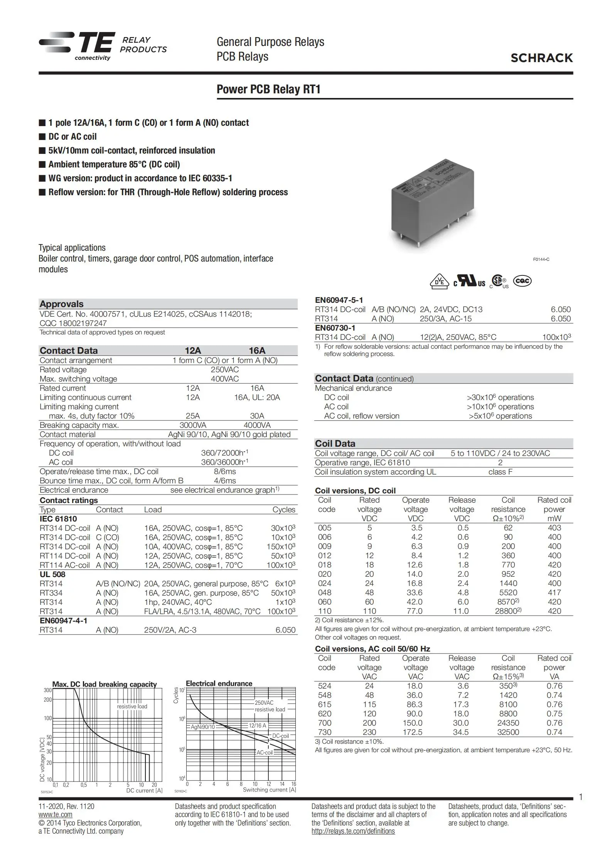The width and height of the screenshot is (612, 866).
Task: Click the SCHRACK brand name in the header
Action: tap(541, 58)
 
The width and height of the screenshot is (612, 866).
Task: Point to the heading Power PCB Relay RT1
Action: tap(268, 89)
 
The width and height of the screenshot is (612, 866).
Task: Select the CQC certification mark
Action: tap(523, 281)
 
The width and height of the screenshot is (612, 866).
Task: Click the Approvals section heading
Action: tap(62, 304)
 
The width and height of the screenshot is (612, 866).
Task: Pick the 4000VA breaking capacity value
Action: tap(257, 425)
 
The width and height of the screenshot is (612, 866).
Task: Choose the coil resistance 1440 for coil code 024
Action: tap(508, 583)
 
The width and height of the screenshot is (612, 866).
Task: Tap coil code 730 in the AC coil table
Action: tap(324, 732)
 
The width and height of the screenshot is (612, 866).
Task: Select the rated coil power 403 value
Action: tap(554, 528)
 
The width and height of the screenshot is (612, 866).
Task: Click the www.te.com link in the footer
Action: tap(56, 814)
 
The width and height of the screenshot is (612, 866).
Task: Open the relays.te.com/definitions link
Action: tap(353, 831)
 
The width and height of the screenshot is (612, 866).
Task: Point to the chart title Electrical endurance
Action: tap(219, 684)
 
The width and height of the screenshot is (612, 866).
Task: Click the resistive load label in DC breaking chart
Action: tap(132, 706)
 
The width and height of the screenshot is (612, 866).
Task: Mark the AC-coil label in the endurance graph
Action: tap(265, 752)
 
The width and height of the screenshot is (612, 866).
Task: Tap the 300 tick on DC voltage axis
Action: tap(47, 690)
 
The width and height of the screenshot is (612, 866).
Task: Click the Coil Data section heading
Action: tap(335, 444)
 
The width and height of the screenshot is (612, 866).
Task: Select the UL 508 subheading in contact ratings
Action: tap(52, 574)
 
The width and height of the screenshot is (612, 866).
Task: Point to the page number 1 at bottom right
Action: tap(581, 797)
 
